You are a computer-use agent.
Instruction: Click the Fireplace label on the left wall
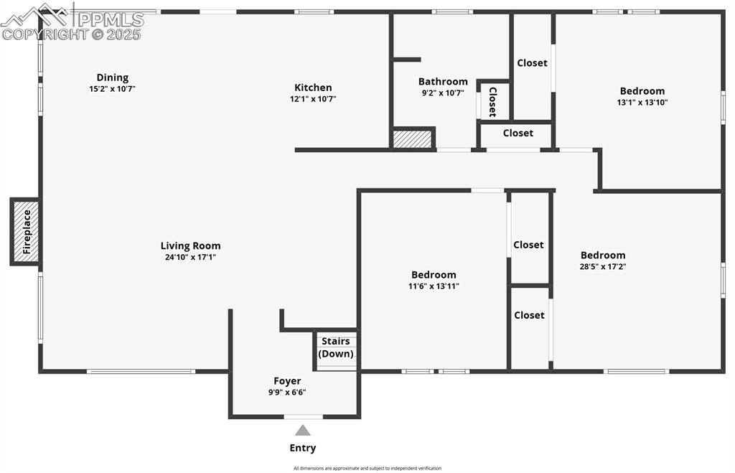[x=27, y=231]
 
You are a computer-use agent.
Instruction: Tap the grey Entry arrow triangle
[x=303, y=431]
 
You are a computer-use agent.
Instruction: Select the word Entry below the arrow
[x=303, y=448]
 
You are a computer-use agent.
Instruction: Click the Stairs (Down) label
[x=336, y=347]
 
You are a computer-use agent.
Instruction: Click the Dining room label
[x=113, y=78]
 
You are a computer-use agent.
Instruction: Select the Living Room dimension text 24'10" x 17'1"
[x=190, y=257]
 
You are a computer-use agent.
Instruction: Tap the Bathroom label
[x=443, y=82]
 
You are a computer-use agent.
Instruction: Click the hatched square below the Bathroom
[x=413, y=138]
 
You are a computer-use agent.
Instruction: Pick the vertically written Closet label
[x=492, y=101]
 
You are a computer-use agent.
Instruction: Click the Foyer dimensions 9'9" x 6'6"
[x=287, y=392]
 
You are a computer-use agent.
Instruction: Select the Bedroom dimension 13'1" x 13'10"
[x=642, y=102]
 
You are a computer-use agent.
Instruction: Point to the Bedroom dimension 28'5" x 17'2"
[x=603, y=266]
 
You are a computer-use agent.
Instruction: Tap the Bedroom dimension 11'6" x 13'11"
[x=434, y=286]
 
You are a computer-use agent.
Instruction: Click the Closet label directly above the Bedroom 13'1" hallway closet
[x=532, y=63]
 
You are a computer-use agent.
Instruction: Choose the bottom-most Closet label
[x=529, y=315]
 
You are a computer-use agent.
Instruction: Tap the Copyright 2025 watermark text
[x=72, y=34]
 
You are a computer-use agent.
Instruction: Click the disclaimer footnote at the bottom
[x=367, y=468]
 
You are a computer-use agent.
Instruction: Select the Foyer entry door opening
[x=303, y=416]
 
